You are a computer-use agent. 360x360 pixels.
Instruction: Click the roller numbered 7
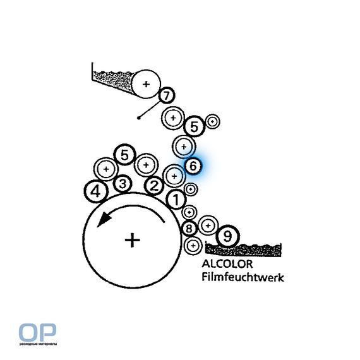167,95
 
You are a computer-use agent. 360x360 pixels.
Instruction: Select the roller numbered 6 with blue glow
193,165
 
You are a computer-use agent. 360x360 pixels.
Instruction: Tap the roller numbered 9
227,236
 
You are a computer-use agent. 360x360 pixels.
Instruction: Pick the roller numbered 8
189,229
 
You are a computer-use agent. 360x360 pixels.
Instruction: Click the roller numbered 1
176,200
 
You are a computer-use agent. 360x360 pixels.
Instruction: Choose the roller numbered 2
154,186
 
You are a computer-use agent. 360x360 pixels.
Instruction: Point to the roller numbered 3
123,184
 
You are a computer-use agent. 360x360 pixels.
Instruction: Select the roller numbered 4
96,191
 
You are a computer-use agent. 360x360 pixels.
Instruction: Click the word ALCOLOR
227,264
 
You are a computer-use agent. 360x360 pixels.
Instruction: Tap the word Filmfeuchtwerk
243,277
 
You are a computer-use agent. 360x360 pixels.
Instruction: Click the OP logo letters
37,332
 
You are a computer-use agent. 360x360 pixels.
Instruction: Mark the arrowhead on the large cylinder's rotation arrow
104,219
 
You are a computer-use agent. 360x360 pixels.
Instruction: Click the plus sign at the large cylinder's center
132,240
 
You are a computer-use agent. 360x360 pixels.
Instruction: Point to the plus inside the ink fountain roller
146,84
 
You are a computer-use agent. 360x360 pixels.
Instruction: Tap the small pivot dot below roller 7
138,118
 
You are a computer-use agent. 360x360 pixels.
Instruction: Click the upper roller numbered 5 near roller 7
195,126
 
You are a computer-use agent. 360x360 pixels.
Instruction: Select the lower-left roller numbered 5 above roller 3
125,155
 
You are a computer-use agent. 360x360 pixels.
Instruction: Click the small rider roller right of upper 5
213,121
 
